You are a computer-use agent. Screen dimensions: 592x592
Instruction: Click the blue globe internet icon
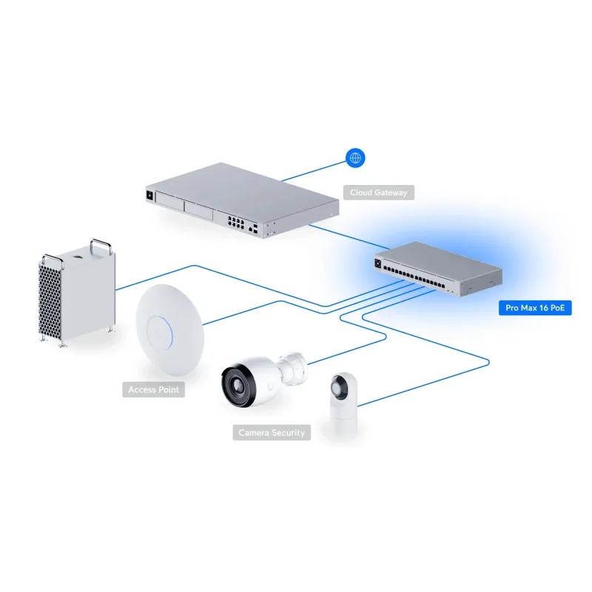click(356, 158)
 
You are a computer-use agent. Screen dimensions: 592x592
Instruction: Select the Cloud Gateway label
click(379, 192)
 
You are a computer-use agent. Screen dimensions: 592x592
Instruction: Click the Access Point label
click(153, 389)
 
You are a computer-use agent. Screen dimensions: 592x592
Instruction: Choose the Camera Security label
click(271, 432)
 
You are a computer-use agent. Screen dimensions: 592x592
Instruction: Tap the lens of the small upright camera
click(343, 387)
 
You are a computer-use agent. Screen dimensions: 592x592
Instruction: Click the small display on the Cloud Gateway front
click(149, 195)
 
